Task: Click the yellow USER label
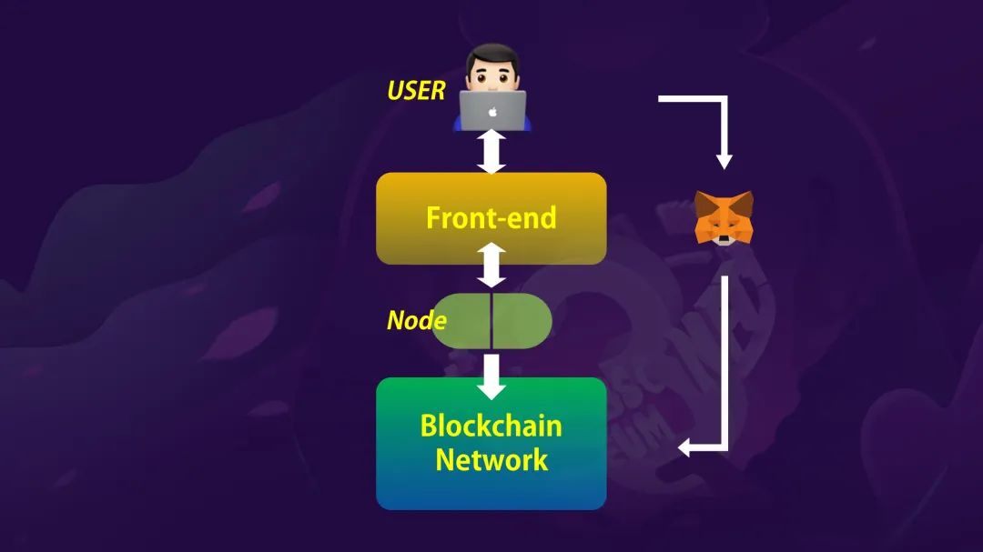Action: pyautogui.click(x=416, y=91)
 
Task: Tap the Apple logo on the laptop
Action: pyautogui.click(x=492, y=112)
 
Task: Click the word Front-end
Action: pyautogui.click(x=491, y=218)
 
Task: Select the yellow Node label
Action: pyautogui.click(x=417, y=321)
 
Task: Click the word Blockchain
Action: pyautogui.click(x=491, y=427)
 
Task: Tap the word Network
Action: pyautogui.click(x=491, y=460)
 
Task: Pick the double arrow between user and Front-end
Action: pyautogui.click(x=491, y=152)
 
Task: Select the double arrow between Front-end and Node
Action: pyautogui.click(x=491, y=265)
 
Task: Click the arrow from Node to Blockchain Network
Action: pyautogui.click(x=491, y=376)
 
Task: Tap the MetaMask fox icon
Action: pyautogui.click(x=724, y=217)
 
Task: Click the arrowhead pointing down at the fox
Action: pyautogui.click(x=725, y=160)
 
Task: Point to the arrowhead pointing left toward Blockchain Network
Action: pyautogui.click(x=685, y=447)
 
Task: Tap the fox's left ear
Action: pyautogui.click(x=704, y=203)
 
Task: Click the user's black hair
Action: pyautogui.click(x=492, y=55)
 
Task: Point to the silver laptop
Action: pyautogui.click(x=492, y=111)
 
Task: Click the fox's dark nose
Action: pyautogui.click(x=725, y=239)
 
